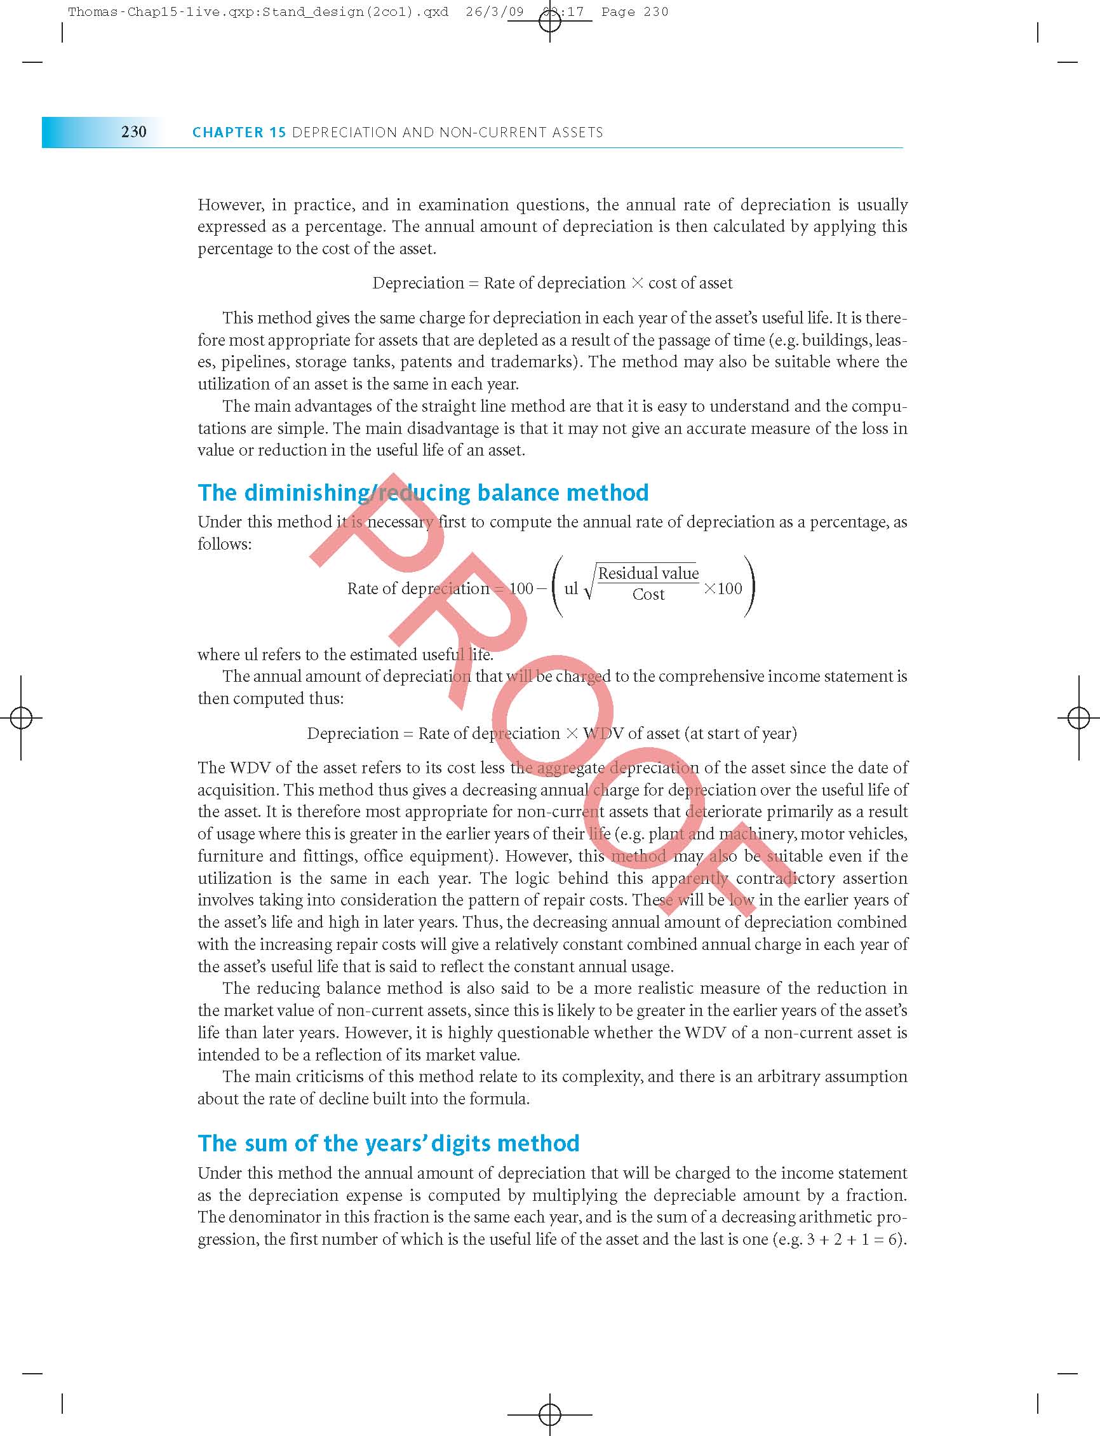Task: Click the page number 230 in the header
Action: [133, 132]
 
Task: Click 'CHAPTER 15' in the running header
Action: [239, 132]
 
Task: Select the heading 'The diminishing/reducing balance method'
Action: [423, 492]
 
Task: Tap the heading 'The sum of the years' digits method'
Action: [388, 1143]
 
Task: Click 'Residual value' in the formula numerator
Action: [648, 573]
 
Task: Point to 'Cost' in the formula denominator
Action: [648, 594]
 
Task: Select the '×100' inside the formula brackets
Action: [723, 588]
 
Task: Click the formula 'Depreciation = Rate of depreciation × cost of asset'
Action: [552, 283]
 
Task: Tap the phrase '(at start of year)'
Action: [741, 733]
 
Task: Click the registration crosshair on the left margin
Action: [22, 718]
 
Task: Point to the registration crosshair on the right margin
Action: [1078, 718]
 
